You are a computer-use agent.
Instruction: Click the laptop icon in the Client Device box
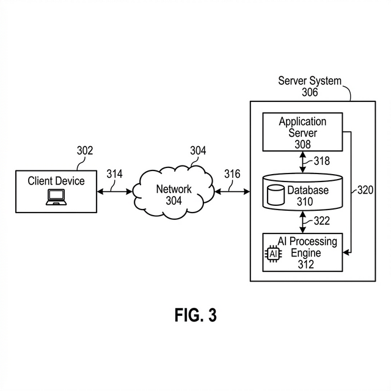click(x=56, y=196)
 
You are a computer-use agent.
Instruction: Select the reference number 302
click(x=85, y=151)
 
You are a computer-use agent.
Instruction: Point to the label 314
click(x=114, y=174)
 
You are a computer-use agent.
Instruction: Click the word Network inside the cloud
click(x=174, y=189)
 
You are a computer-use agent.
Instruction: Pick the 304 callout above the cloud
click(x=198, y=151)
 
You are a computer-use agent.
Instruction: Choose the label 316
click(x=232, y=174)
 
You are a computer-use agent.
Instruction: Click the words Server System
click(x=310, y=81)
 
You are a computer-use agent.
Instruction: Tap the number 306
click(x=310, y=92)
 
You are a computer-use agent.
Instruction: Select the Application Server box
click(x=302, y=132)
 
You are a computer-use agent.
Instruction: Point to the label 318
click(x=321, y=161)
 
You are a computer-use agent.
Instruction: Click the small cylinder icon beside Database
click(x=276, y=195)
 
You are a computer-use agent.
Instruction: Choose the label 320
click(x=365, y=190)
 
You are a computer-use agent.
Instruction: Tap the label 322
click(x=321, y=221)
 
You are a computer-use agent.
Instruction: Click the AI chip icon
click(x=272, y=252)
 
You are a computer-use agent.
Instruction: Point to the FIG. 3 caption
click(x=195, y=315)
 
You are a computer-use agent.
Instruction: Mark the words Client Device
click(x=56, y=181)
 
